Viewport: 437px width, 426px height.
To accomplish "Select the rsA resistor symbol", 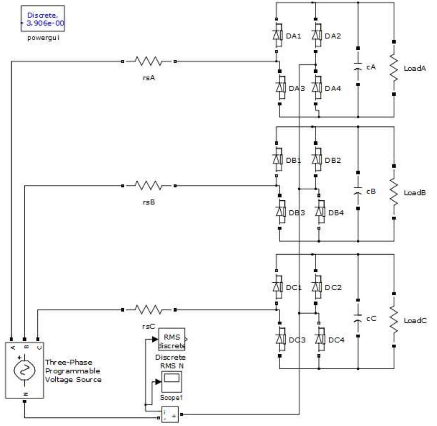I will coord(148,62).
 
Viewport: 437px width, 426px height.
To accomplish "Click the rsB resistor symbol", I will coord(148,186).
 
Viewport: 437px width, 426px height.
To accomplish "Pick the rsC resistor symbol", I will coord(148,310).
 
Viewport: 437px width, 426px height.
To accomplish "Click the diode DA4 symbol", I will coord(316,88).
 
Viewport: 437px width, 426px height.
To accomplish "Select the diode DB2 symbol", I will coord(316,160).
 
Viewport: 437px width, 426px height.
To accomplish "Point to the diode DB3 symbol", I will coord(280,212).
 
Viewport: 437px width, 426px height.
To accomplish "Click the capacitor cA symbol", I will coord(358,66).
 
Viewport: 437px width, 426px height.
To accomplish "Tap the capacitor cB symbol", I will coord(358,191).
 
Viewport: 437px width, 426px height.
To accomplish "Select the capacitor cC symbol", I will coord(358,318).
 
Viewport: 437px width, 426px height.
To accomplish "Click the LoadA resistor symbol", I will coord(394,68).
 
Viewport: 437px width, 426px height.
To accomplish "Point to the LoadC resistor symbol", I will coord(394,320).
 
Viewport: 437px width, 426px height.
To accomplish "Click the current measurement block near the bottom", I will coord(170,415).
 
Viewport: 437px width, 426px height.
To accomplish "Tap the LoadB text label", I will coord(415,193).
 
